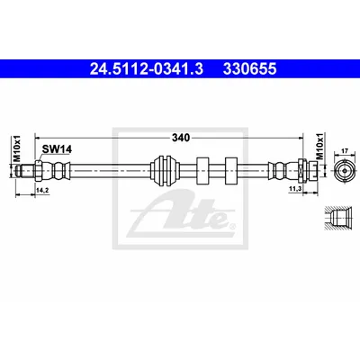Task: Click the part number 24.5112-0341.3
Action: (x=147, y=69)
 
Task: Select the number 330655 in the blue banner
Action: (x=249, y=69)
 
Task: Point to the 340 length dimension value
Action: (x=181, y=138)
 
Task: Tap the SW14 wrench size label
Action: (x=57, y=149)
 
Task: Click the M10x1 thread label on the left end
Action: (x=17, y=148)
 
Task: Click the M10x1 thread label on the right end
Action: (x=320, y=147)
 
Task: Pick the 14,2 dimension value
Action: (x=42, y=190)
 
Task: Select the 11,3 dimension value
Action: (x=295, y=188)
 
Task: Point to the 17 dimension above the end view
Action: (x=345, y=151)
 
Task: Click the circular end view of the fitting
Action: (x=345, y=171)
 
